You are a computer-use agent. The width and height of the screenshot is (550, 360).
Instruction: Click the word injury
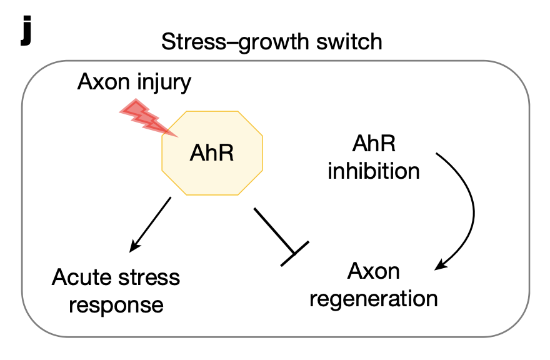pos(161,82)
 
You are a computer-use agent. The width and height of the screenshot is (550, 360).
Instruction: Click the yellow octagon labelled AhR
pos(212,152)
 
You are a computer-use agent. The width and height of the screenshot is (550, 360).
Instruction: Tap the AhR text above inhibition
pos(374,146)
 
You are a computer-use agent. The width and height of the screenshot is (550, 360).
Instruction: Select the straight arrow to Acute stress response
pos(150,225)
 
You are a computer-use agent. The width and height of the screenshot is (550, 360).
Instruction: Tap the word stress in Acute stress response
pos(149,277)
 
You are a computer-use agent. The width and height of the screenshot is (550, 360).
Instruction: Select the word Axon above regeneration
pos(374,271)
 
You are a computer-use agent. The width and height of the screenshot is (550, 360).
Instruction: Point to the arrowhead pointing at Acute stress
pos(132,248)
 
